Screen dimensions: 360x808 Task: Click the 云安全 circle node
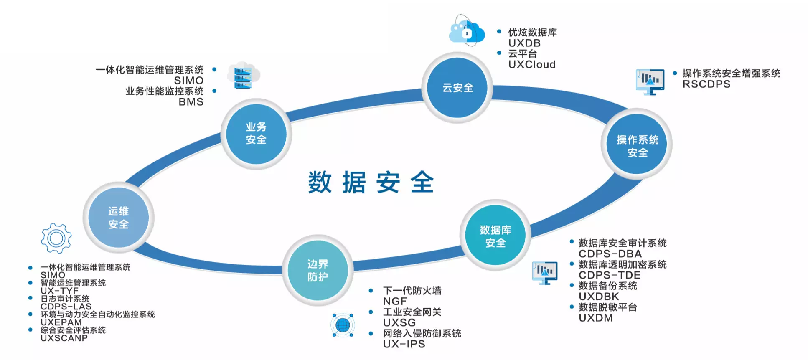pos(457,88)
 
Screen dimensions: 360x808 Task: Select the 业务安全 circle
pos(256,134)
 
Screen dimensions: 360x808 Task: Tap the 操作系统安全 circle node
pos(637,144)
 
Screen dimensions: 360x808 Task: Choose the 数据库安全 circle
pos(495,236)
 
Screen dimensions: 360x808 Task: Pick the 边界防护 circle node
pos(318,270)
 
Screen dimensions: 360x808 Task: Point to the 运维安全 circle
pos(119,218)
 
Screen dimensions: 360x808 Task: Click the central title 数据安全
pos(371,183)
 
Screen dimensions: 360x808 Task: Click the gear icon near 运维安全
pos(56,238)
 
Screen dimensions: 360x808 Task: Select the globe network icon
pos(343,325)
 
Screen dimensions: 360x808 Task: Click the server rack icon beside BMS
pos(243,76)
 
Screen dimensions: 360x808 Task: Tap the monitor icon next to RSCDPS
pos(650,81)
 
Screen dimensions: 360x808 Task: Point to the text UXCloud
pos(532,65)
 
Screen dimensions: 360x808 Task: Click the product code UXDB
pos(524,43)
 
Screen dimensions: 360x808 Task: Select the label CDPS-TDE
pos(609,275)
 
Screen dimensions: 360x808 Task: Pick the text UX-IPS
pos(404,344)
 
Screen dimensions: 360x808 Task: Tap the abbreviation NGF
pos(395,301)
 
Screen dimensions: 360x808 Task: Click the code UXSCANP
pos(64,338)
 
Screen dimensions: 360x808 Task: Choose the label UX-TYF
pos(59,291)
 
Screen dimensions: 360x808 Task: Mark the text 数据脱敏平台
pos(607,307)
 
